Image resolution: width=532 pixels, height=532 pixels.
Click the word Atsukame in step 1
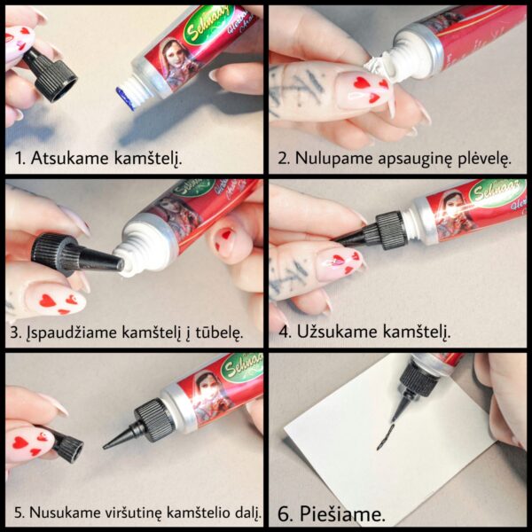tap(71, 158)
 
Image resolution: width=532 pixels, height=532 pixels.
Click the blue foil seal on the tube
tap(125, 98)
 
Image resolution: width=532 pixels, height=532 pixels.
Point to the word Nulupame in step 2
tap(333, 159)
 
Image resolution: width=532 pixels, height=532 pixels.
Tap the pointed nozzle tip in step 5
tap(105, 448)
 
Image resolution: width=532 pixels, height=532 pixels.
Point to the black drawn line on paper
tap(385, 437)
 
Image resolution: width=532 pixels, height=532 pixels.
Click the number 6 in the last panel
tap(284, 514)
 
